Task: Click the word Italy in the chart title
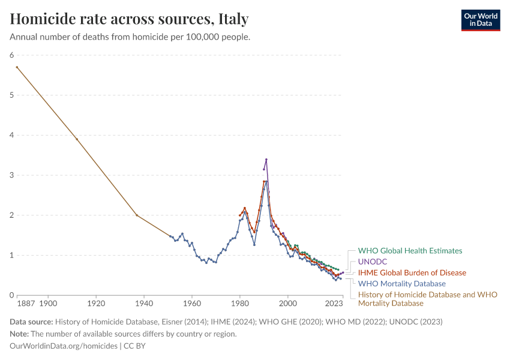[x=233, y=19]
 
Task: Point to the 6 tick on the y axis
[x=11, y=55]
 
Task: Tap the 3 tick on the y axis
[x=11, y=175]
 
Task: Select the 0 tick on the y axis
[x=11, y=295]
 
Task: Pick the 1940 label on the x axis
[x=144, y=304]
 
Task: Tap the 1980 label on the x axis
[x=240, y=304]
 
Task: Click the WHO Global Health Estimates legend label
[x=410, y=251]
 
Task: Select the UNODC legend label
[x=373, y=262]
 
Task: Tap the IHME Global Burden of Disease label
[x=412, y=272]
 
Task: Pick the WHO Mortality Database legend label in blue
[x=401, y=283]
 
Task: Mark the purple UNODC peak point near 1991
[x=266, y=160]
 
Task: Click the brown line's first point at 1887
[x=17, y=67]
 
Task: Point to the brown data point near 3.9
[x=77, y=139]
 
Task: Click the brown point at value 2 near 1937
[x=137, y=215]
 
